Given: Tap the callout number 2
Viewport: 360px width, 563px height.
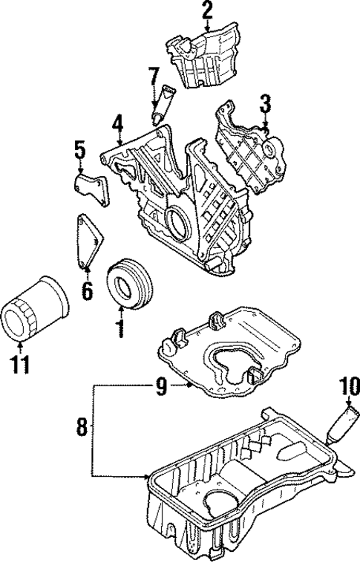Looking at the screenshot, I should tap(206, 10).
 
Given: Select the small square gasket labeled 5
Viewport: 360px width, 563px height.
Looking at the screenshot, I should tap(92, 187).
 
